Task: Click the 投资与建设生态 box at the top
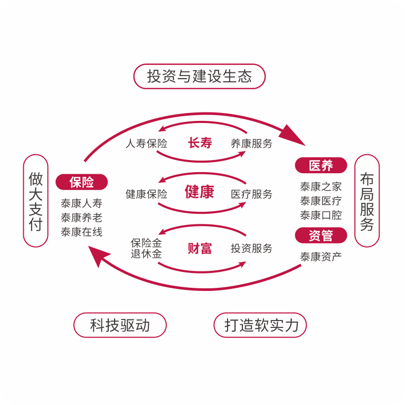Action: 199,76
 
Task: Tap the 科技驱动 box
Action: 120,325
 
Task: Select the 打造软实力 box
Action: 260,325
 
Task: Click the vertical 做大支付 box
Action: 35,201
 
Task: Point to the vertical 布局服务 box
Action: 367,201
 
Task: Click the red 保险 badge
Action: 82,183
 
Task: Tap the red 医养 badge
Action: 321,165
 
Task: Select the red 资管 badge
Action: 321,236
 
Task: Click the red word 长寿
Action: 200,143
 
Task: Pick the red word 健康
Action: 200,192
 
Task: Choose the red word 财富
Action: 200,248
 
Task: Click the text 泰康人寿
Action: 82,203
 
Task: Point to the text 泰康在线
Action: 82,231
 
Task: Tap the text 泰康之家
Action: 321,186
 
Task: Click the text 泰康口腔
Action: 321,215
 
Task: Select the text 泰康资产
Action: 321,257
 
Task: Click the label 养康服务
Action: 251,143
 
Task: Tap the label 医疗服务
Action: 251,194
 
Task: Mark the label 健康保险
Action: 146,194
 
